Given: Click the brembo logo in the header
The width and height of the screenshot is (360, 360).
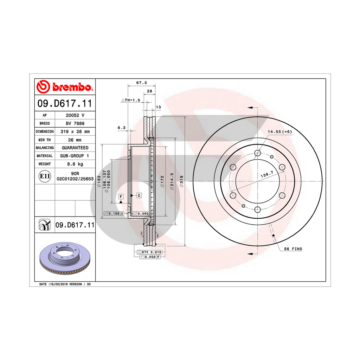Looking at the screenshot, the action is tap(65, 87).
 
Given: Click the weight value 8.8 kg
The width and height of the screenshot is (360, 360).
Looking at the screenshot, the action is tap(75, 164).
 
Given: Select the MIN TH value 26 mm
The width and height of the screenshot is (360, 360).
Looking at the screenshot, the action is tap(75, 140).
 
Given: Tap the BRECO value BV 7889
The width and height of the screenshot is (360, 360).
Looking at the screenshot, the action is tap(75, 123).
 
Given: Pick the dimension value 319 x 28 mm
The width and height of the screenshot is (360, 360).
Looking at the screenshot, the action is tap(75, 131).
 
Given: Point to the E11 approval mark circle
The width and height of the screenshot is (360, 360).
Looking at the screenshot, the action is tap(45, 176).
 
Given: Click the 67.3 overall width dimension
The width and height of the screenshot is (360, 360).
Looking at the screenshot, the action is tap(141, 83).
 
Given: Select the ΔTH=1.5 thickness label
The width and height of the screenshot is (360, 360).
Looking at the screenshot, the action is tap(131, 100).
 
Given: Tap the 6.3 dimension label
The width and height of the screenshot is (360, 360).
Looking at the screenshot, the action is tap(121, 128).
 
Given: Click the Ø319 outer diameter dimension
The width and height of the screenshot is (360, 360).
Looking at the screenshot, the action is tap(181, 181).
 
